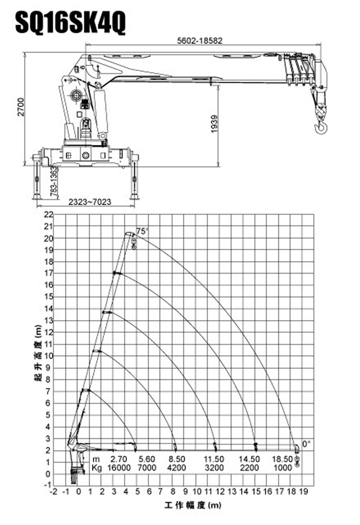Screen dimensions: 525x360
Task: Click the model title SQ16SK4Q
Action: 70,22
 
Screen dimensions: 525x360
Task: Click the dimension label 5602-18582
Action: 200,41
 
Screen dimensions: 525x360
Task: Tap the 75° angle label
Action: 142,231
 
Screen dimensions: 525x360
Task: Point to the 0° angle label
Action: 306,444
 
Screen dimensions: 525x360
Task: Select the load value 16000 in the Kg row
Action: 118,468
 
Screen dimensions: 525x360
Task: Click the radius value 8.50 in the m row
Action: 177,459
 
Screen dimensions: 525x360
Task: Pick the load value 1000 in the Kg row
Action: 283,468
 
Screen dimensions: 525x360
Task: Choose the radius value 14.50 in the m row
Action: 249,459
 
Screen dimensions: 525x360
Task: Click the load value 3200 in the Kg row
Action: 214,468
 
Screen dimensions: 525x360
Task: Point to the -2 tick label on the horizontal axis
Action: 54,492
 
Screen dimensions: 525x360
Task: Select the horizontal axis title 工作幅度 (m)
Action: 193,505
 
